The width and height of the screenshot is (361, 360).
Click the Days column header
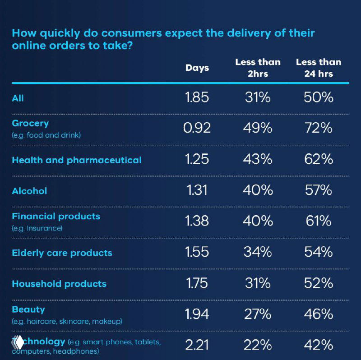pyautogui.click(x=197, y=68)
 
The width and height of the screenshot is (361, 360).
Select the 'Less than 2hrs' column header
pyautogui.click(x=258, y=68)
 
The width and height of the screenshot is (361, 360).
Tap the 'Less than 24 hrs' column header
pyautogui.click(x=319, y=68)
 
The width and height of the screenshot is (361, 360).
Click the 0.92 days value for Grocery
pyautogui.click(x=197, y=128)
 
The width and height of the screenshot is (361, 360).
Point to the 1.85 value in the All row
pyautogui.click(x=197, y=97)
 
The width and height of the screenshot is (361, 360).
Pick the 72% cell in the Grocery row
pyautogui.click(x=319, y=128)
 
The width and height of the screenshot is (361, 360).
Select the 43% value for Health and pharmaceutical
pyautogui.click(x=258, y=159)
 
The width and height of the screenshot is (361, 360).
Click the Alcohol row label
pyautogui.click(x=29, y=191)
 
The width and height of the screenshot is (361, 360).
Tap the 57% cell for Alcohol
pyautogui.click(x=319, y=190)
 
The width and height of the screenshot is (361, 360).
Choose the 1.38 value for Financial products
pyautogui.click(x=197, y=221)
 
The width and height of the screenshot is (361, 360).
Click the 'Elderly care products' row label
pyautogui.click(x=62, y=253)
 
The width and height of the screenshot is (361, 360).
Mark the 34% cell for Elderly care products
pyautogui.click(x=258, y=252)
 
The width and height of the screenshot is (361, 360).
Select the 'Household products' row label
pyautogui.click(x=59, y=284)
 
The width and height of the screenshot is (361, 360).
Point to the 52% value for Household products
pyautogui.click(x=319, y=283)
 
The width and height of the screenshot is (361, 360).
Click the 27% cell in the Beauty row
pyautogui.click(x=258, y=314)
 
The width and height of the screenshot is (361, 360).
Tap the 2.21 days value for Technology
pyautogui.click(x=197, y=345)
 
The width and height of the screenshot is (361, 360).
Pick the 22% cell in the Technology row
pyautogui.click(x=258, y=345)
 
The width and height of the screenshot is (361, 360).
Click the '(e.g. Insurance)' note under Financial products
pyautogui.click(x=37, y=228)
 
